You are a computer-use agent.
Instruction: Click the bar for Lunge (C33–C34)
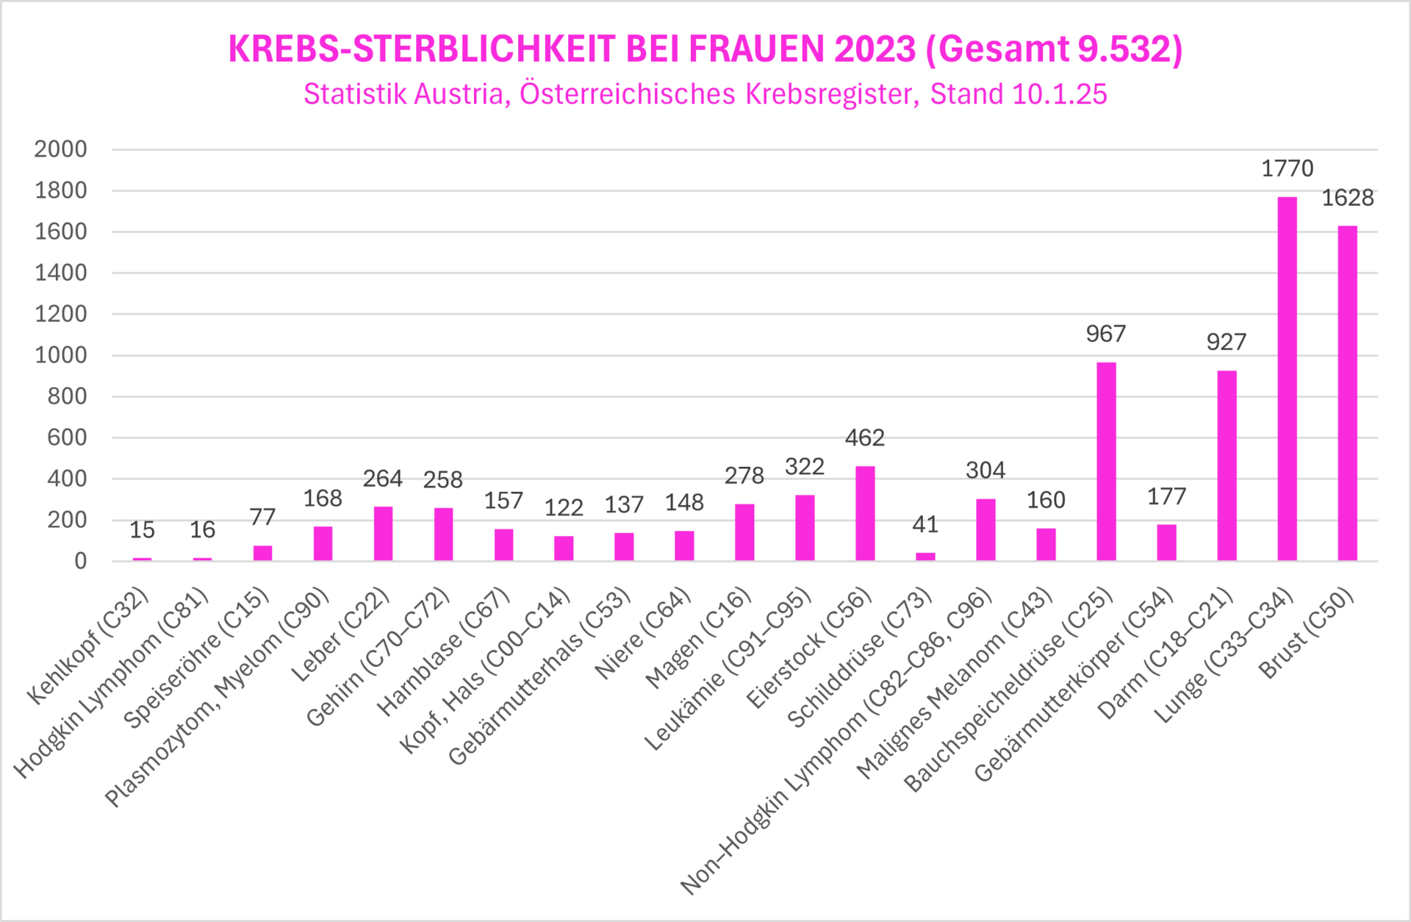1287,379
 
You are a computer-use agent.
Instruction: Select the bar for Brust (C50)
1347,393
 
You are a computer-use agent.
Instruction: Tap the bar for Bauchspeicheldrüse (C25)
1106,462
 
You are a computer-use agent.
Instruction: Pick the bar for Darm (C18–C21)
1227,465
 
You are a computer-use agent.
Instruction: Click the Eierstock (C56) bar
865,513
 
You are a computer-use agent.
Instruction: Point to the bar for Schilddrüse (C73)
925,557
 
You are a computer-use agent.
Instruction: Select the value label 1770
1287,168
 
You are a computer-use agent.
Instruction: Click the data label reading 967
1106,334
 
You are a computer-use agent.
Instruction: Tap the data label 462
865,438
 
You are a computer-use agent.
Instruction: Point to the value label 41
925,524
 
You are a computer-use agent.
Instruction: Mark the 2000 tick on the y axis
60,149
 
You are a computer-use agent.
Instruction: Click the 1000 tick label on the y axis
60,355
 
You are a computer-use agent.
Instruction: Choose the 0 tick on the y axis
80,561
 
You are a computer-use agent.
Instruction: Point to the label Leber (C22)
340,635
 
